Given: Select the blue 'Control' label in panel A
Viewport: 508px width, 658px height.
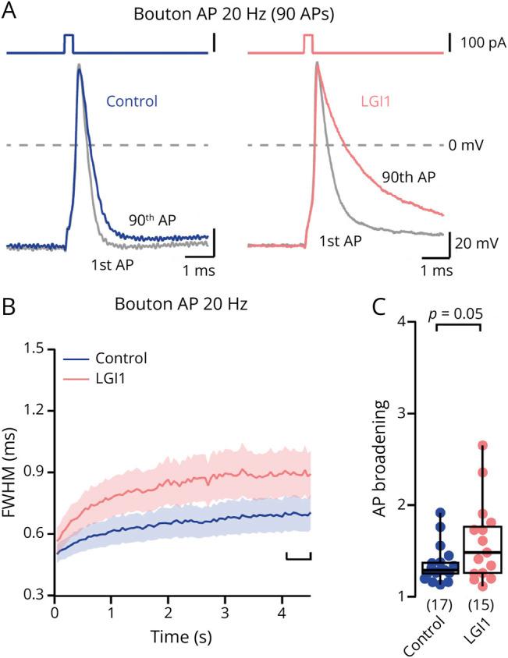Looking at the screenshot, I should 132,101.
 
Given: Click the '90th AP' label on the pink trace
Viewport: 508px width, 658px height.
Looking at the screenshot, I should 408,176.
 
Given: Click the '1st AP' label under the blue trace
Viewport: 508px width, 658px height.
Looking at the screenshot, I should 112,265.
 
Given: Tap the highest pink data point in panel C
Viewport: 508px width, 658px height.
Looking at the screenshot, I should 483,446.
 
